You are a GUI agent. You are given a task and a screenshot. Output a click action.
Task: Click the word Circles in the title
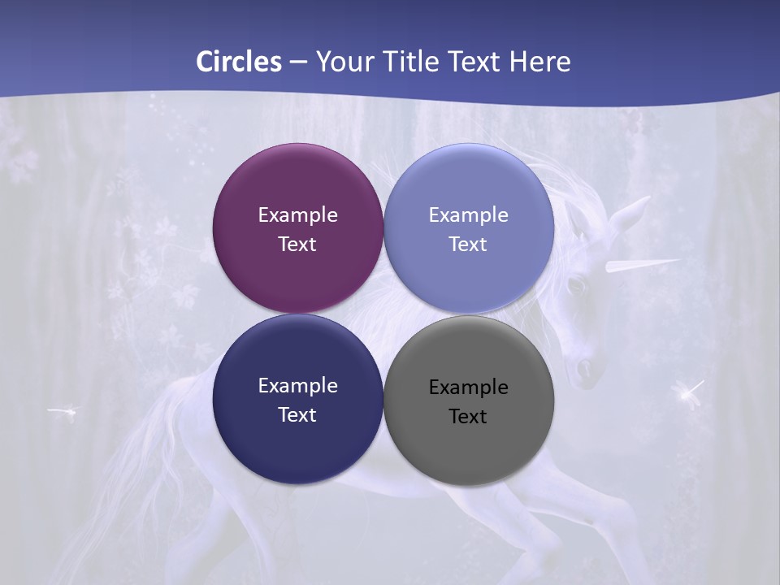click(x=239, y=61)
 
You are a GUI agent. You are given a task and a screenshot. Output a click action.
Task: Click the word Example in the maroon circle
click(x=297, y=214)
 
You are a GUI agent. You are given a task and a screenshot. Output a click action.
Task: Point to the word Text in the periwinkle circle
click(x=468, y=244)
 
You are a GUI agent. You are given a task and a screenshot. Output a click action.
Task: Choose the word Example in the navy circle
click(x=297, y=385)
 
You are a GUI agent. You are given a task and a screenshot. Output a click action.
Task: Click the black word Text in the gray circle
click(x=468, y=416)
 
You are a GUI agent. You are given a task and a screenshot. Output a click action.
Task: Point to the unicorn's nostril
click(x=583, y=369)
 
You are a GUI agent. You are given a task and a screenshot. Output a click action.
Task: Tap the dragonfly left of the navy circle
click(x=63, y=412)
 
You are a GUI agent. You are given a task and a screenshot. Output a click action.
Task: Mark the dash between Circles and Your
click(x=298, y=63)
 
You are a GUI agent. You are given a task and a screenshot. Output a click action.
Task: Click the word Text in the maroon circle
click(x=297, y=244)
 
